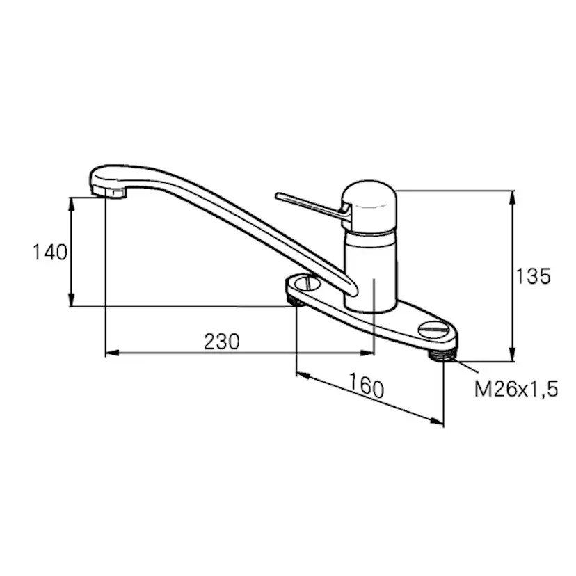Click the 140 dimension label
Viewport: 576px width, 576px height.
coord(50,253)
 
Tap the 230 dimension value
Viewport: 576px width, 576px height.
coord(221,342)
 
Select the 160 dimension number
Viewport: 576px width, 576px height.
coord(366,385)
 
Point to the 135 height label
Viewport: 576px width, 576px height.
coord(534,276)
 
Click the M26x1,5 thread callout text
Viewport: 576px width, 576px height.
coord(516,389)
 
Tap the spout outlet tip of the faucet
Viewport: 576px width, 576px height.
coord(109,192)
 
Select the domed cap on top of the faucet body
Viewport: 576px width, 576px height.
coord(369,206)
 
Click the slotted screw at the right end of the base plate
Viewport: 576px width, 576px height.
coord(433,330)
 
